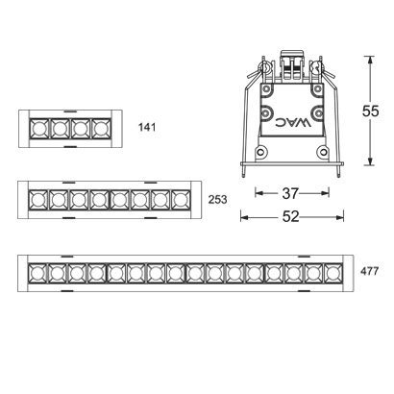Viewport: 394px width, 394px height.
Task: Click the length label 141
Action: coord(147,128)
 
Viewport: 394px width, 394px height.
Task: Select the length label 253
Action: coord(217,201)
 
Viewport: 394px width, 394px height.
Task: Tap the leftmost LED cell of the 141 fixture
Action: coord(39,128)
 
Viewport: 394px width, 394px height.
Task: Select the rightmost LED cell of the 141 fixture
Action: coord(100,128)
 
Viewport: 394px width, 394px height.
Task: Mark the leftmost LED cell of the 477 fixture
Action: coord(37,274)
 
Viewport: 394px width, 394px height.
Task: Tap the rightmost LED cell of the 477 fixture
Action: coord(332,274)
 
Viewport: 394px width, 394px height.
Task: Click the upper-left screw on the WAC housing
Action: coord(264,111)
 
